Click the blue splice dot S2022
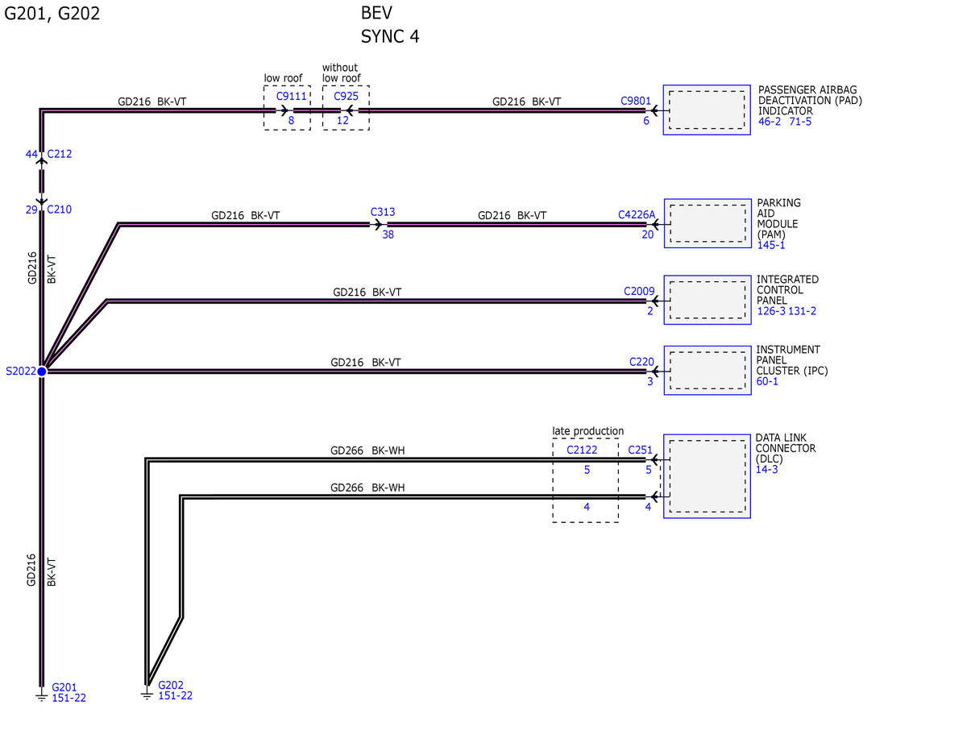pos(42,371)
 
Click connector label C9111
pos(292,96)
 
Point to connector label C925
pos(346,96)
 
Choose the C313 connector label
pos(383,212)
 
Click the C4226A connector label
pos(637,215)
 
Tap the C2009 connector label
pos(639,291)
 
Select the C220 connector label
pos(641,362)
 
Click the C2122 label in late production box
pos(582,450)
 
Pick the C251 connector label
pos(640,450)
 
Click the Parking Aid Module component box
pos(708,223)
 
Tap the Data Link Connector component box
pos(707,476)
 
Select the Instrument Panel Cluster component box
pos(708,370)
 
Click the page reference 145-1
pos(771,245)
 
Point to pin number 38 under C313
pos(388,234)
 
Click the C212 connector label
pos(59,154)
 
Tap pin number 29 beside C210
pos(31,210)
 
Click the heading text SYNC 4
pos(390,36)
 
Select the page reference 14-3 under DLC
pos(766,469)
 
